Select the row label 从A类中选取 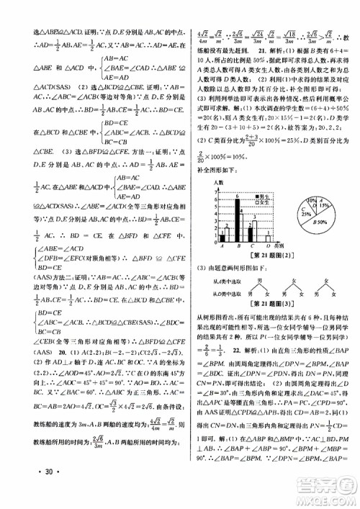214,282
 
